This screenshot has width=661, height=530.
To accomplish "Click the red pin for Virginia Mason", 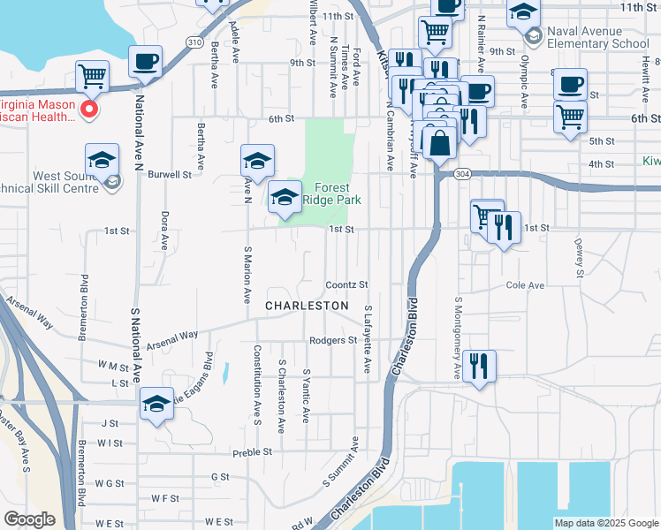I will pos(88,110).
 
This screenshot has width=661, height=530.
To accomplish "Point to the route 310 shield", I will pos(194,42).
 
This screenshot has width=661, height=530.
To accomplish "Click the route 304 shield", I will pos(462,175).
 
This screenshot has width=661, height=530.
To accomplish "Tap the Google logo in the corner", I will pos(29,519).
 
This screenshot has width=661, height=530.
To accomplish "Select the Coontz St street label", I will pos(346,284).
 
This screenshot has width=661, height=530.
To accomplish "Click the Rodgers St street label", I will pos(332,340).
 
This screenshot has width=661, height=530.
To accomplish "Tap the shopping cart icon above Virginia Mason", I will pos(92,76).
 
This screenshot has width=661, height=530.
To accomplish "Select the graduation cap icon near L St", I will pos(156,404).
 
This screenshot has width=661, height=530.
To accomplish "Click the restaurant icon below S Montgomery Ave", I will pos(479,365).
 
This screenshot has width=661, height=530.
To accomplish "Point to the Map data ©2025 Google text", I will pos(606,523).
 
